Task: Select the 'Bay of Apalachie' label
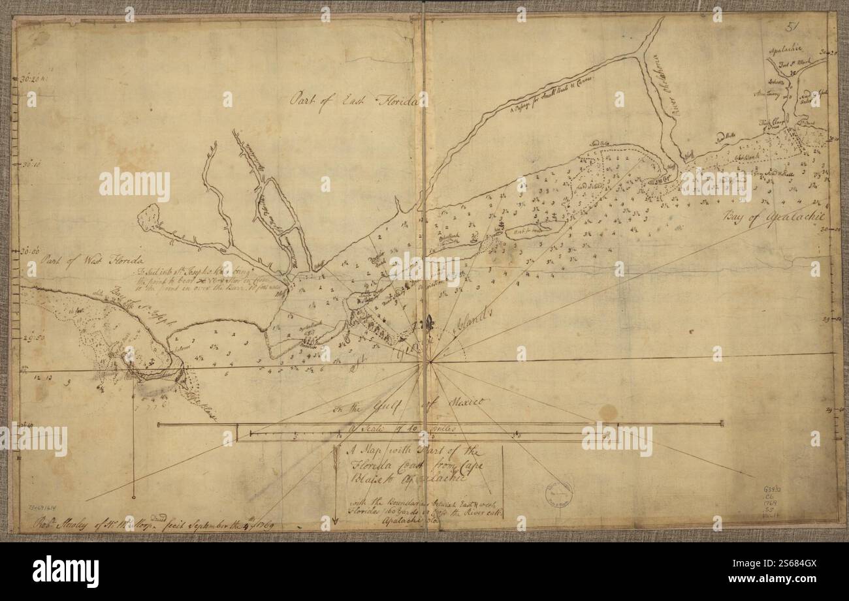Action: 774,217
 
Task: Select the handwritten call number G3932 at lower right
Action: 775,489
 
